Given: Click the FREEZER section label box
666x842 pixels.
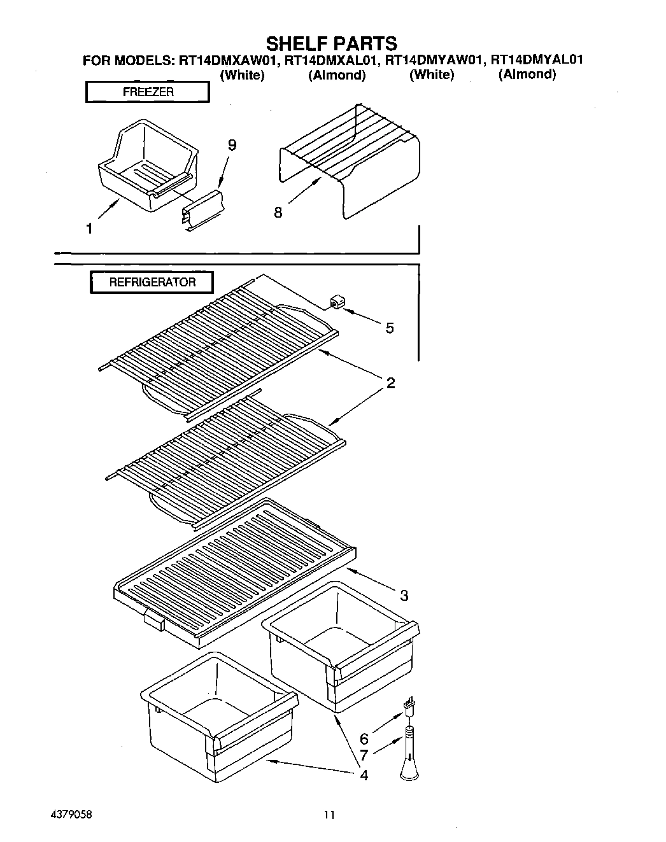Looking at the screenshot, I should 147,92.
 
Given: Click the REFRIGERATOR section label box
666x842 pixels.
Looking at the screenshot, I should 152,282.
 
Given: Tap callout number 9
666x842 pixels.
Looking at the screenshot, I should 232,146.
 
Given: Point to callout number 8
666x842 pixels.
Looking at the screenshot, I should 278,213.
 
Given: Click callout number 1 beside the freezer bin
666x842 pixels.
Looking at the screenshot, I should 90,228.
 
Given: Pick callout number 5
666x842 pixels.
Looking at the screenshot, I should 390,328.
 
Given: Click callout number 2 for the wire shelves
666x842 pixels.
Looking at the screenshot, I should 390,382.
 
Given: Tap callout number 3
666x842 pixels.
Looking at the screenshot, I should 404,596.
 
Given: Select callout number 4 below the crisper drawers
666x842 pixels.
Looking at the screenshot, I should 364,775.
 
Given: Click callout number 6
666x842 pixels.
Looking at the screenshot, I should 364,739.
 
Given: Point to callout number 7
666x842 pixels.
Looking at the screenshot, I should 364,756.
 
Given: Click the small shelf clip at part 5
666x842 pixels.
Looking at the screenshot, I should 337,301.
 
